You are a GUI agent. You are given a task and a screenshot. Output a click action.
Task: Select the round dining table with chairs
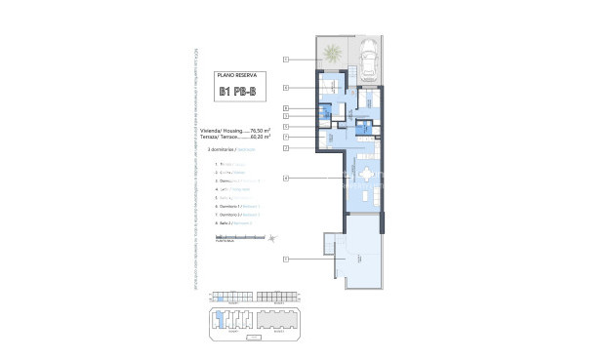366,176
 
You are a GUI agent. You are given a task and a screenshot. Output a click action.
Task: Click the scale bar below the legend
239,237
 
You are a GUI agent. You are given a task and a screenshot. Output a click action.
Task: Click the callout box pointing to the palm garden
286,60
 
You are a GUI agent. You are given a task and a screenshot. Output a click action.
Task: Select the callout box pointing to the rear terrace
286,259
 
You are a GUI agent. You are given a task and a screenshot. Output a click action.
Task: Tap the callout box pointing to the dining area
286,177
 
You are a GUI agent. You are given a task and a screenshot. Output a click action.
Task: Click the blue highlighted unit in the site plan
221,296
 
